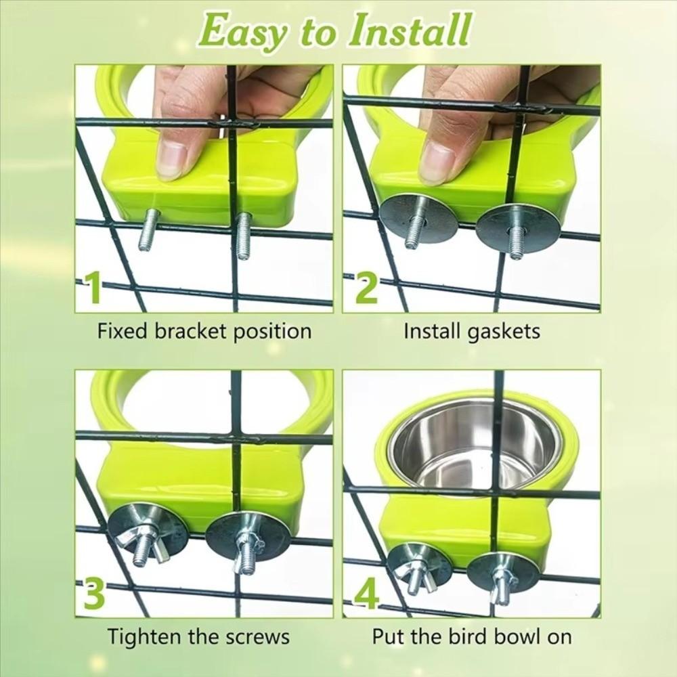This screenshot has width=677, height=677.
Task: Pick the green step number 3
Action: click(93, 594)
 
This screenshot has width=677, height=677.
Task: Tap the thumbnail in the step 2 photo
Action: click(437, 162)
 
